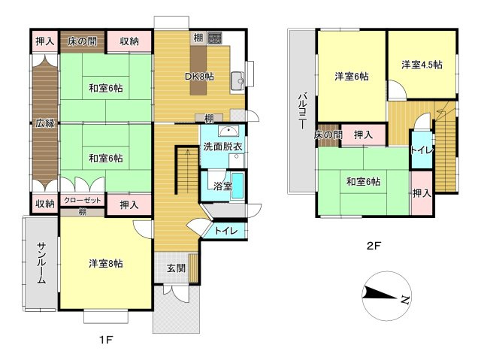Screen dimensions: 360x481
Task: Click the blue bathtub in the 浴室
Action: pyautogui.click(x=238, y=186)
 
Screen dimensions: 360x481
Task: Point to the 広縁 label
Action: pyautogui.click(x=44, y=123)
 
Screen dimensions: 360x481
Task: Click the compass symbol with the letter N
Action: pyautogui.click(x=385, y=298)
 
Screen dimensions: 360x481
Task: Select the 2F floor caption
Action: pyautogui.click(x=375, y=245)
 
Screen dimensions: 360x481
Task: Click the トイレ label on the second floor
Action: pyautogui.click(x=421, y=150)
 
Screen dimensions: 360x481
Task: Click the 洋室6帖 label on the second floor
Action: pyautogui.click(x=351, y=75)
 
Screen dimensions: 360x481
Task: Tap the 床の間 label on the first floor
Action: pyautogui.click(x=82, y=41)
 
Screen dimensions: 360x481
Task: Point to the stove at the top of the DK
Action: pyautogui.click(x=214, y=38)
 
